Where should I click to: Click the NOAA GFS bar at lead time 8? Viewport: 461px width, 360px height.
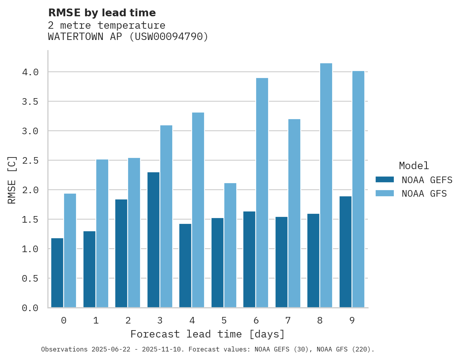click(326, 185)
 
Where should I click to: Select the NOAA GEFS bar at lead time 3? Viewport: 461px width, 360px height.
click(153, 240)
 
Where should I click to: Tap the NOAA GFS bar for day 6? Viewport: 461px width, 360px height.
click(262, 193)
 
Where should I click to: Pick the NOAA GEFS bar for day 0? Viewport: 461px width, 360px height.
click(57, 273)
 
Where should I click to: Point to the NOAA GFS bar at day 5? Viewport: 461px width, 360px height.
click(230, 245)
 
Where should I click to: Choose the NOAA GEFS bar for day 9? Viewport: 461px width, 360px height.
click(345, 252)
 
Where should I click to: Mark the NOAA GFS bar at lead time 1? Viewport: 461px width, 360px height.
click(102, 234)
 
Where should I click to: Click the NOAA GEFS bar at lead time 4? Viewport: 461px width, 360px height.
click(185, 266)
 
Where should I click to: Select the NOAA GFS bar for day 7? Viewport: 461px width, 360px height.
click(294, 213)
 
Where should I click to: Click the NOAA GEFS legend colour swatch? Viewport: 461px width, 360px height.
click(385, 180)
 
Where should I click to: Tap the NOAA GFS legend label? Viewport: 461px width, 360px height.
click(424, 194)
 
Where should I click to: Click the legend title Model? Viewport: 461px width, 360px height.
click(414, 166)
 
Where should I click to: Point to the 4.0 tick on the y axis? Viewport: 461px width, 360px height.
click(30, 72)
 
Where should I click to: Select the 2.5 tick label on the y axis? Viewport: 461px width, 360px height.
click(30, 161)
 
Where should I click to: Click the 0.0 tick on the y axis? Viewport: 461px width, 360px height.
click(30, 308)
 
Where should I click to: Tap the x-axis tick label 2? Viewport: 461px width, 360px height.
click(128, 320)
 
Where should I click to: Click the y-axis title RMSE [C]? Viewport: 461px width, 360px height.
click(12, 180)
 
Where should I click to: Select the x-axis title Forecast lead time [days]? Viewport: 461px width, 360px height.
click(208, 334)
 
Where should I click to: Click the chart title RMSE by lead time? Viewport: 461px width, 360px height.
click(102, 13)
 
